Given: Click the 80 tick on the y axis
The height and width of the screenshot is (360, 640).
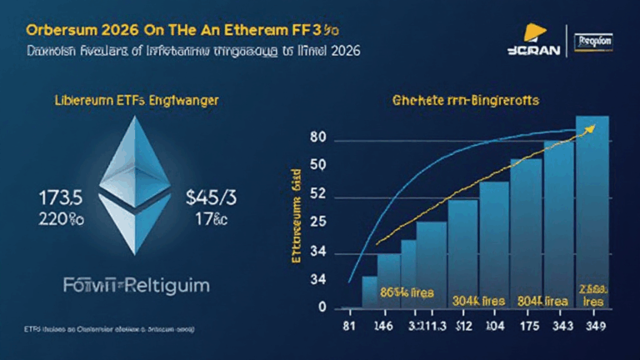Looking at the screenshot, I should [x=317, y=137].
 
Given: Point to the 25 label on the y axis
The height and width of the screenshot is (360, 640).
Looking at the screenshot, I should [x=317, y=222].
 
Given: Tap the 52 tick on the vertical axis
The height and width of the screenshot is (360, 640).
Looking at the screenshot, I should [x=317, y=197].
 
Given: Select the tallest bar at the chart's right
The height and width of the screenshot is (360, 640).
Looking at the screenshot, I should [x=592, y=208].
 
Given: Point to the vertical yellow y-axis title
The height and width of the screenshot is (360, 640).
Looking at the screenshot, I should [x=296, y=221].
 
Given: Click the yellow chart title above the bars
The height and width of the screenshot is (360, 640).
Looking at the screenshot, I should [x=465, y=100].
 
